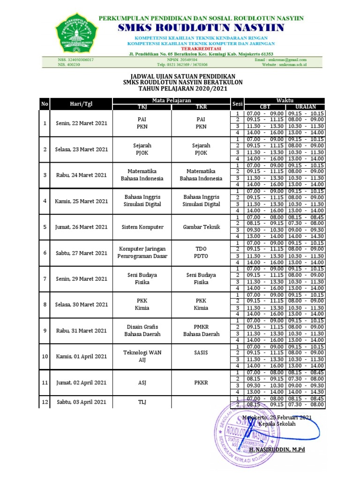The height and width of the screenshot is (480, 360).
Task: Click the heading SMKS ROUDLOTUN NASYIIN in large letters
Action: pos(201,28)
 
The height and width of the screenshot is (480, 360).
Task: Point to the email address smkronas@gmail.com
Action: pos(287,60)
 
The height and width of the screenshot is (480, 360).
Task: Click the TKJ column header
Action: pos(142,107)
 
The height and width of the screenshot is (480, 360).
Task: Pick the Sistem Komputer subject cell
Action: pos(142,227)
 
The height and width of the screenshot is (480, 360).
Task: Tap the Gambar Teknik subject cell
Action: pos(201,227)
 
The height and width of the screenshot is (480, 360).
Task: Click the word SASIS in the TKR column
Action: pos(201,352)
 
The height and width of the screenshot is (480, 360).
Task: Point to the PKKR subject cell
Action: pos(201,382)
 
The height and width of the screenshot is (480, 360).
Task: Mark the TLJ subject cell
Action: pos(142,402)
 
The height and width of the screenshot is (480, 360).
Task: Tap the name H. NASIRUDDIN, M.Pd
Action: pos(277,450)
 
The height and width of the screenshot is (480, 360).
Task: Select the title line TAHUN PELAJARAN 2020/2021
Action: pos(180,88)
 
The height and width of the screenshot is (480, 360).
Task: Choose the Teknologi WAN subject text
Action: pos(142,352)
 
